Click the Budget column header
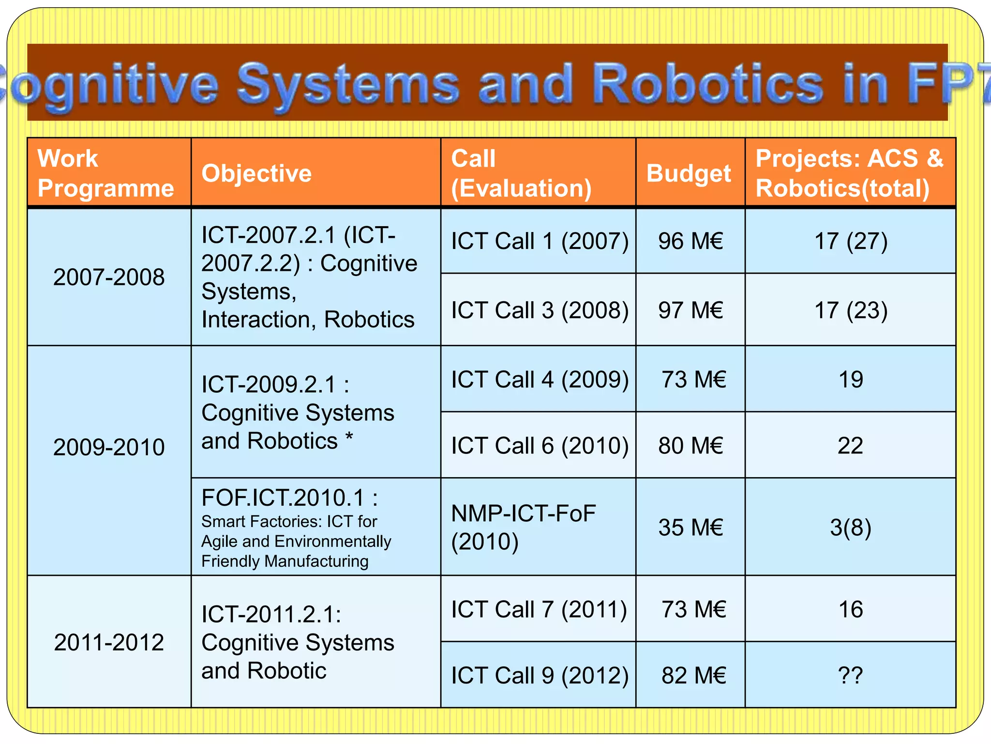[689, 173]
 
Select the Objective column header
[256, 173]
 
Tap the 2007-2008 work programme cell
[109, 277]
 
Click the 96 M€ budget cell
[691, 241]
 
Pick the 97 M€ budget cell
[691, 310]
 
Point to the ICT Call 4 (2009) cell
[540, 379]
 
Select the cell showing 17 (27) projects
[851, 241]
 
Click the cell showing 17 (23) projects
[851, 310]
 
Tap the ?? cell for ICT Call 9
[851, 675]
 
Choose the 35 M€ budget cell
[691, 527]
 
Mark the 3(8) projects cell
[851, 527]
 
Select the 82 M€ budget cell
[693, 675]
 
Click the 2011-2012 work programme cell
[109, 642]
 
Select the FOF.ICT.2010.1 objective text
[289, 498]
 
